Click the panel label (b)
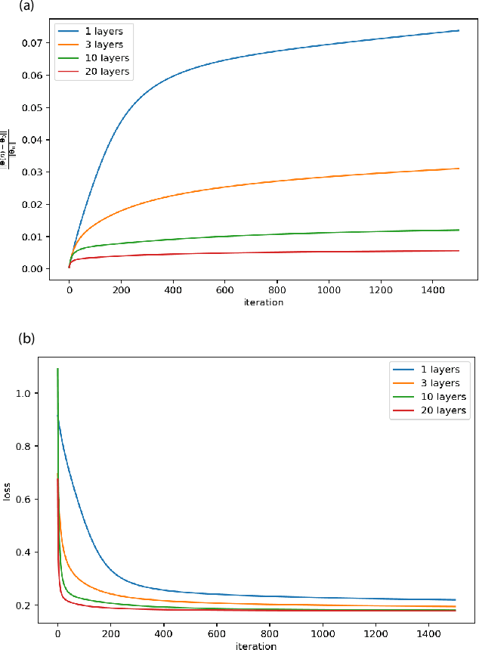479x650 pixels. (x=27, y=339)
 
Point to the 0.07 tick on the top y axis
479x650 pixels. (x=32, y=43)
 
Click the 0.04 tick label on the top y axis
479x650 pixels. (x=32, y=140)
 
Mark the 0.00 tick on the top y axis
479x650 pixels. (x=32, y=269)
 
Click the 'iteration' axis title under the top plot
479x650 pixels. (x=264, y=302)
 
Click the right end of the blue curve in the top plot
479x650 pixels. (x=459, y=30)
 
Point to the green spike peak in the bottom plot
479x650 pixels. (x=58, y=369)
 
